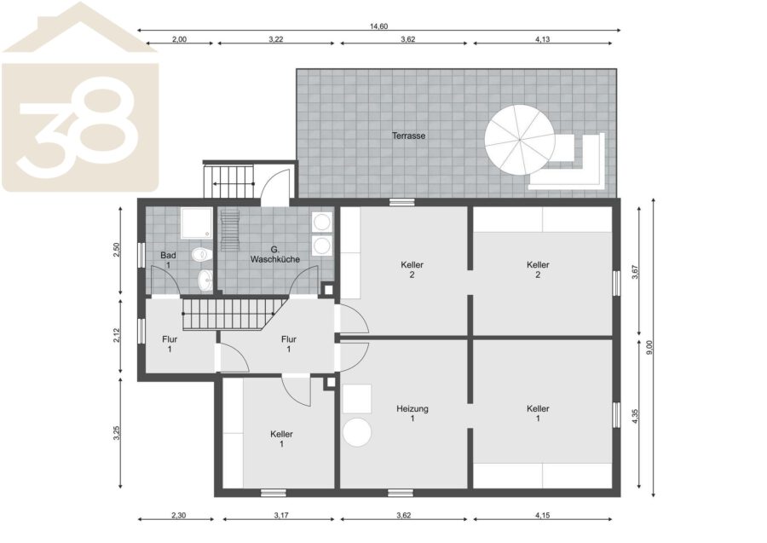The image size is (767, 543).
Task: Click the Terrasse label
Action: click(x=408, y=136)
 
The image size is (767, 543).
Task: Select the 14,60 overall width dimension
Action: click(x=378, y=26)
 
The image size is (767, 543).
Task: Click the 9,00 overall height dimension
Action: click(x=649, y=347)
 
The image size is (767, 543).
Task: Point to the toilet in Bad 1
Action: click(x=201, y=254)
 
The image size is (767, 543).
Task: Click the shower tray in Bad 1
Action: click(x=196, y=223)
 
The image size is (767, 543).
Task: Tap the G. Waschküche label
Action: click(x=275, y=254)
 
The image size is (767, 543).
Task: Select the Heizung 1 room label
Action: click(x=412, y=413)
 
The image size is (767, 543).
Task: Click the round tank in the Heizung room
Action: click(x=357, y=432)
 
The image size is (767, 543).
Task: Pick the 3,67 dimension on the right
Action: click(x=635, y=272)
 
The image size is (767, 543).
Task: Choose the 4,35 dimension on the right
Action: click(x=635, y=415)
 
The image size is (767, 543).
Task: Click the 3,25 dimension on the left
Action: click(x=117, y=433)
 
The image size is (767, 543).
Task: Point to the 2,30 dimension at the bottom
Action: click(x=179, y=515)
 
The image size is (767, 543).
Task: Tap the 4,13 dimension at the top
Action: click(x=543, y=39)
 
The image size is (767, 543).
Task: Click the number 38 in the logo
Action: click(x=78, y=128)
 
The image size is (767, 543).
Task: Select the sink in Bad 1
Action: click(x=205, y=280)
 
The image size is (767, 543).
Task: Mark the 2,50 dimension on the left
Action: click(x=117, y=250)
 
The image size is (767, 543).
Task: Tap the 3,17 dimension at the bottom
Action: click(x=281, y=515)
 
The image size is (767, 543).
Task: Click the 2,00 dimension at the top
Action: click(x=179, y=39)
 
